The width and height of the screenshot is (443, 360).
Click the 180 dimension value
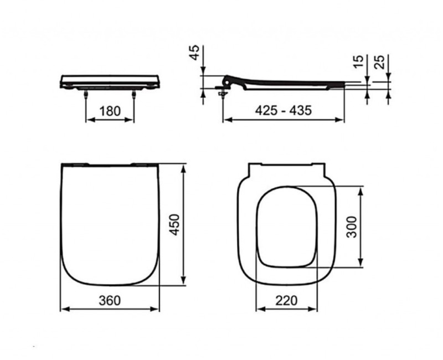[x=109, y=111]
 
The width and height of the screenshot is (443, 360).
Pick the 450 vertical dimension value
[x=174, y=224]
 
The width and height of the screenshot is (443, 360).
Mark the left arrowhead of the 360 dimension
[x=62, y=308]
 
